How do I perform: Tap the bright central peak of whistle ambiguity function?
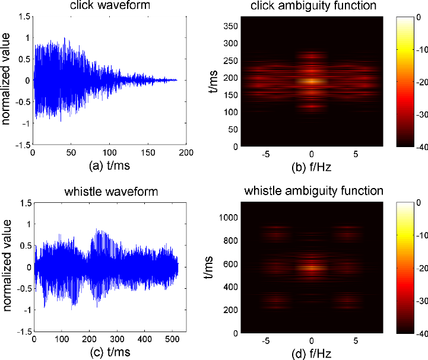pos(311,267)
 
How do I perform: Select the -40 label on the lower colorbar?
pos(422,334)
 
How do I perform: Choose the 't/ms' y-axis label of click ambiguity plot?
pos(213,81)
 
